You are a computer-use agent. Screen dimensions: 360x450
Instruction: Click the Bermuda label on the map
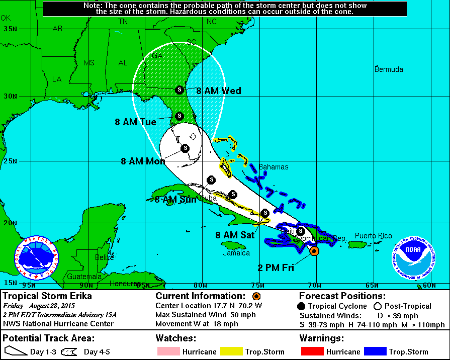tap(389, 69)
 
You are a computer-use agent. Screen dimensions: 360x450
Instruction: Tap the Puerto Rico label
tap(373, 236)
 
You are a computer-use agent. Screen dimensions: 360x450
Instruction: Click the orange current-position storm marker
tap(314, 250)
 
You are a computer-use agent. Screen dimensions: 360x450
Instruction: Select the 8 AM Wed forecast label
tap(219, 91)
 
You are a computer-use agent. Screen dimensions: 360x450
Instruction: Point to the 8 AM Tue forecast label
tap(135, 122)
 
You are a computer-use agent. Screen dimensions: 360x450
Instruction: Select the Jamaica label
tap(237, 253)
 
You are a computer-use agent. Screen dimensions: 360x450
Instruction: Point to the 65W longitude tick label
tap(372, 286)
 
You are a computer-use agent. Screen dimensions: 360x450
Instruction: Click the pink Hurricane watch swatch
tap(167, 351)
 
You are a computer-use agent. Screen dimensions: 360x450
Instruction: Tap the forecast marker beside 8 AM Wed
tap(178, 90)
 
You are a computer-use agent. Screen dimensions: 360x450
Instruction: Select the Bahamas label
tap(273, 167)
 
